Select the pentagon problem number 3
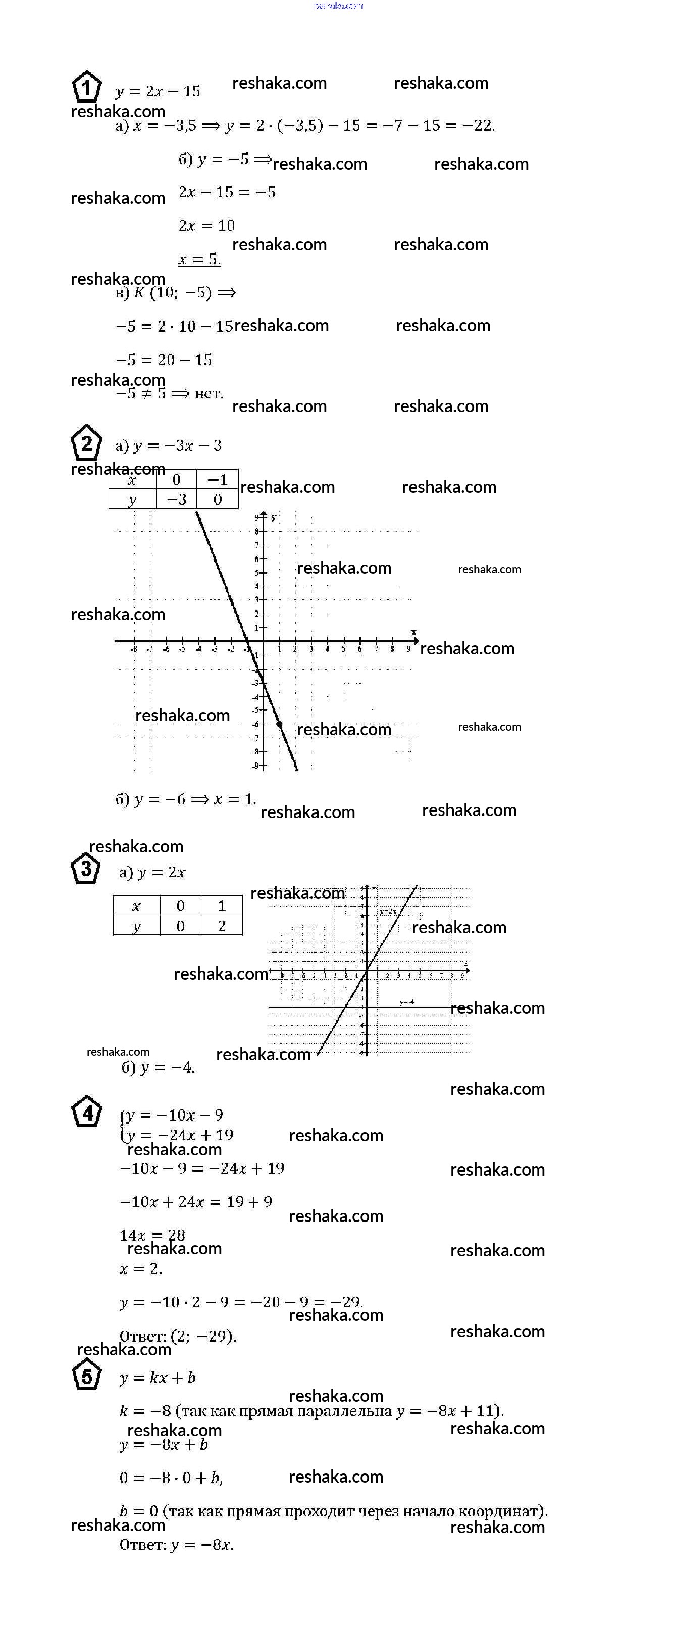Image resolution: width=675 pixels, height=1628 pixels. [x=85, y=869]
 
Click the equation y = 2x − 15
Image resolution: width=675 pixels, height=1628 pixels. [x=158, y=91]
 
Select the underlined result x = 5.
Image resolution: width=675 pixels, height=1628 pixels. [x=199, y=259]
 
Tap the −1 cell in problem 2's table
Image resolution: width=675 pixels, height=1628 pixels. [x=218, y=480]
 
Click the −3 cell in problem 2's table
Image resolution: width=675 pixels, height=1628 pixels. [x=176, y=499]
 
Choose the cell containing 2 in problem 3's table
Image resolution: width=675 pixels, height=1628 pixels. [x=222, y=926]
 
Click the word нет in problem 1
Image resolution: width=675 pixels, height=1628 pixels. [x=209, y=394]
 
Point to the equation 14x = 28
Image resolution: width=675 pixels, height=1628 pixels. [x=152, y=1234]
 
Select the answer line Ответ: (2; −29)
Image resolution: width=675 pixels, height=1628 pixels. [x=178, y=1336]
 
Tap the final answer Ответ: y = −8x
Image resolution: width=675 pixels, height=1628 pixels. [x=176, y=1545]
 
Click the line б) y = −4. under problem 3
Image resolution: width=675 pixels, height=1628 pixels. [x=158, y=1067]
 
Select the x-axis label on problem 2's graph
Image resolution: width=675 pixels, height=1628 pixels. [x=413, y=632]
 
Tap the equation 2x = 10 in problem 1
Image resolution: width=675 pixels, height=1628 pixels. [x=206, y=226]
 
